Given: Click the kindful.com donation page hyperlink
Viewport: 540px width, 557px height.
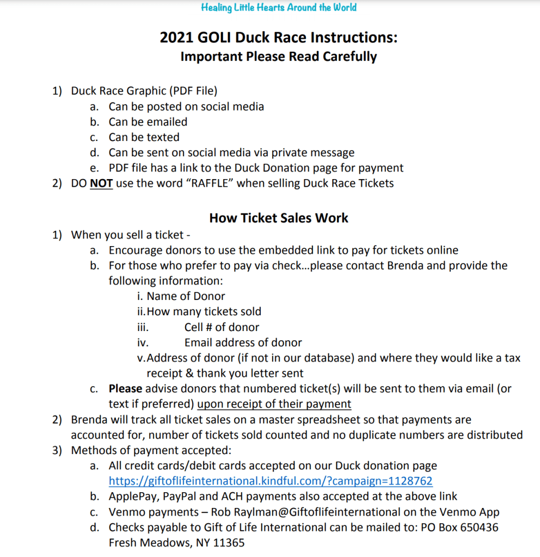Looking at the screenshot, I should coord(271,481).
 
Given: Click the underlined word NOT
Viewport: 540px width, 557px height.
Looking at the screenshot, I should coord(101,183).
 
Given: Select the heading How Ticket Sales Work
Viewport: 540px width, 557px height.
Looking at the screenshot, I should coord(279,218).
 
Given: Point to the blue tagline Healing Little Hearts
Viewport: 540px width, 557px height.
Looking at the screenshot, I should coord(279,8).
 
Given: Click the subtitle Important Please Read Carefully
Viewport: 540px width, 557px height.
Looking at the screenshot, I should coord(279,56).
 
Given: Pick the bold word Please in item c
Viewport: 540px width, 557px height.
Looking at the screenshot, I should coord(125,389).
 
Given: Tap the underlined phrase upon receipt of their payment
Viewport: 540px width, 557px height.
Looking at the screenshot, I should coord(274,404).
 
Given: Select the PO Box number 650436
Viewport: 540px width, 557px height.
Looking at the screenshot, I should coord(478,527).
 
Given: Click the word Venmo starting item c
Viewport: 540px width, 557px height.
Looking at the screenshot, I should coord(126,512).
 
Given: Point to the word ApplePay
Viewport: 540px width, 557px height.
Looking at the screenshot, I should coord(132,496).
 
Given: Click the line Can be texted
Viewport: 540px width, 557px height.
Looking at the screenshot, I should coord(144,137).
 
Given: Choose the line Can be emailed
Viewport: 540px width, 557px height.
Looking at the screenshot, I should coord(148,122).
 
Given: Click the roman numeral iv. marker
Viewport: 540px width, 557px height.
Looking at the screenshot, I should coord(143,342).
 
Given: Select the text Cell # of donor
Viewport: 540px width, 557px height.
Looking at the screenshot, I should coord(222,327).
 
